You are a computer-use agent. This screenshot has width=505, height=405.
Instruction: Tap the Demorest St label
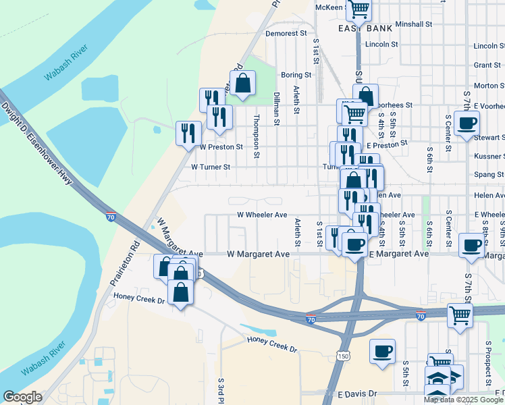286,33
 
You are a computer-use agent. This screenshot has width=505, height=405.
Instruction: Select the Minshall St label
414,24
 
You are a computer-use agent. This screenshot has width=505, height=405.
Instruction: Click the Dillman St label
277,109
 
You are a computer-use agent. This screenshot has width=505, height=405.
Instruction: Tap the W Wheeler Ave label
262,215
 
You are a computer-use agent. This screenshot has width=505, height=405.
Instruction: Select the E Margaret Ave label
398,254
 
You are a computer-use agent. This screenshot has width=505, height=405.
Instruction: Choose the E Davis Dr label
367,394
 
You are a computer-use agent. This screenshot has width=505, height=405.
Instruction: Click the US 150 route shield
344,356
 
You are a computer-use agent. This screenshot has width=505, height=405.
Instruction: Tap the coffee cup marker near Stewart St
467,124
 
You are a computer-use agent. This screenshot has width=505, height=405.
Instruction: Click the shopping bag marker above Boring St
244,83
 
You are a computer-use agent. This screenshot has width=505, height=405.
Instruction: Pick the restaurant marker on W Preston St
188,132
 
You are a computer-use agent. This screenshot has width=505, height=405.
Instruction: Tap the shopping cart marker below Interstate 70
460,316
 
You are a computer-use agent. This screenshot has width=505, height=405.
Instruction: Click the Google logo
22,398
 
